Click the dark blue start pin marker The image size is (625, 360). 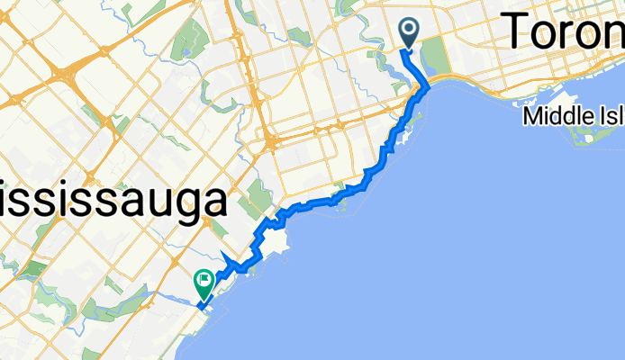(409, 33)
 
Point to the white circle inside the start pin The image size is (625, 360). (409, 30)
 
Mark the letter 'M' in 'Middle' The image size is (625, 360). (535, 117)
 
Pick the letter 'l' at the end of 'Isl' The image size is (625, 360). (621, 117)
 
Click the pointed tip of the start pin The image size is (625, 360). (409, 49)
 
